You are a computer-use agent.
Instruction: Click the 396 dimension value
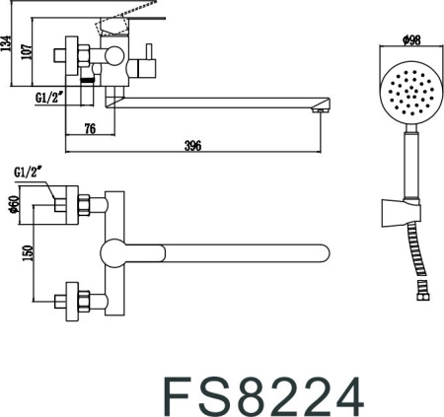pos(192,146)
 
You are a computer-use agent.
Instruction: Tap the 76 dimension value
pos(90,128)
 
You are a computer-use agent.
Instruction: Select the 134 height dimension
pos(6,43)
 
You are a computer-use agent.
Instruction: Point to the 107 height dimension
pos(27,51)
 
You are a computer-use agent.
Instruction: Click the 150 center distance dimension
pos(28,253)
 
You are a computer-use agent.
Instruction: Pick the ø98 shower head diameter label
pos(411,40)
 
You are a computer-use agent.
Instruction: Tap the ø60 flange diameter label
pos(13,204)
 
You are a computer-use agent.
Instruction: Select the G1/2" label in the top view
pos(28,173)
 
